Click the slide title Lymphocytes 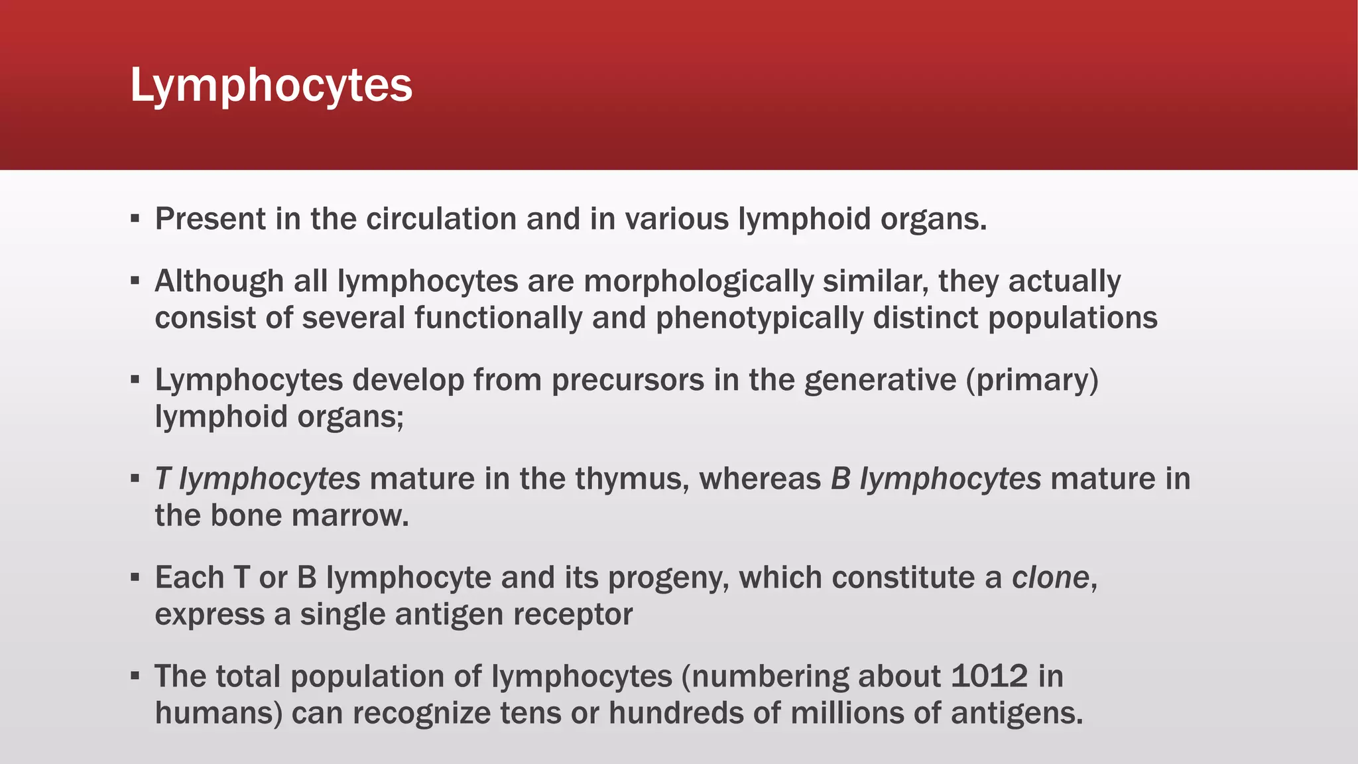coord(271,86)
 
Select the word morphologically coord(698,281)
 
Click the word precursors coord(627,380)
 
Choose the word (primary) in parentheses coord(1032,380)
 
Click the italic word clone coord(1050,578)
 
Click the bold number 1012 coord(989,676)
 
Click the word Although coord(219,281)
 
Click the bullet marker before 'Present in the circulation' coord(135,219)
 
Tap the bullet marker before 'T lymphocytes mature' coord(135,478)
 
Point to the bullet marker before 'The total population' coord(135,676)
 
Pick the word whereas coord(760,479)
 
